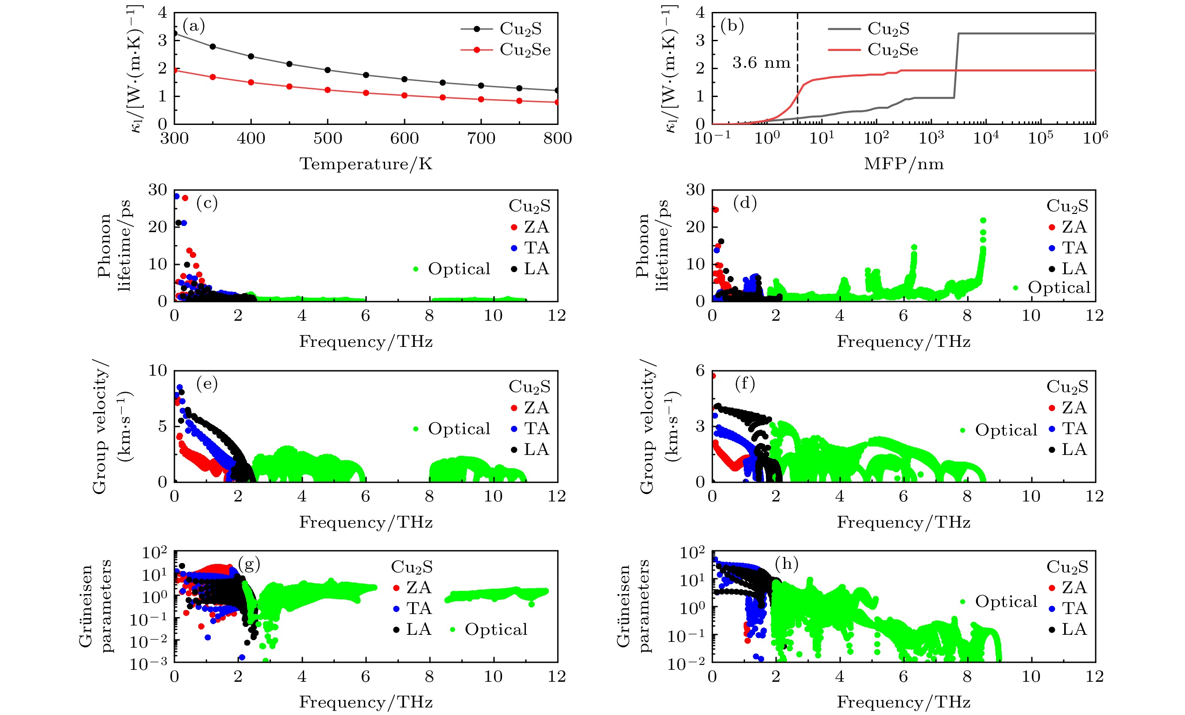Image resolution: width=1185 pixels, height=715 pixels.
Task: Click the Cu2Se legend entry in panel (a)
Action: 524,50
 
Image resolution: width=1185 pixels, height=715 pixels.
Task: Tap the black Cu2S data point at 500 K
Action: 328,70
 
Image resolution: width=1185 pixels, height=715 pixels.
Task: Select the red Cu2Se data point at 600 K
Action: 405,95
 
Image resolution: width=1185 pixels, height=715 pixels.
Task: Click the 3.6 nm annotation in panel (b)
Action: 761,62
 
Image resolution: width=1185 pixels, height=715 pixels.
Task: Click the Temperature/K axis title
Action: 366,164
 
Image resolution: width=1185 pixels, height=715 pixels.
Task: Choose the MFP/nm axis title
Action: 903,164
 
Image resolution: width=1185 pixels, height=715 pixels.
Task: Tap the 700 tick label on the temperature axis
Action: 481,139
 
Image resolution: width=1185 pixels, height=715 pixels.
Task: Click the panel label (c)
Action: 207,203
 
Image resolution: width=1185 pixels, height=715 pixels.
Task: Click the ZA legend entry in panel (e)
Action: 536,408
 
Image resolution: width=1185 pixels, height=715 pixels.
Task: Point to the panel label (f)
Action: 745,384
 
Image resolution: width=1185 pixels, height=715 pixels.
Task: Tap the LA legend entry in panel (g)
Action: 417,629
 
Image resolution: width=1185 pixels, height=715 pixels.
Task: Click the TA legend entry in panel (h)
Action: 1073,608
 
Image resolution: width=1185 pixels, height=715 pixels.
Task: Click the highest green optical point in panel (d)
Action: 983,220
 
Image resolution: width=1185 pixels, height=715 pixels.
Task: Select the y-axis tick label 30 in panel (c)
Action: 157,190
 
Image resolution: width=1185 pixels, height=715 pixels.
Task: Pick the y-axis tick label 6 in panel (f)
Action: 700,370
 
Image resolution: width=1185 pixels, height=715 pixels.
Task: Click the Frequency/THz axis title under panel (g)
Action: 366,703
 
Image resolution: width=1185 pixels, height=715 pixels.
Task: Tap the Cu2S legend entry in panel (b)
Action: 888,29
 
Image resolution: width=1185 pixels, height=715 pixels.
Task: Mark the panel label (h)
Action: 786,563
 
